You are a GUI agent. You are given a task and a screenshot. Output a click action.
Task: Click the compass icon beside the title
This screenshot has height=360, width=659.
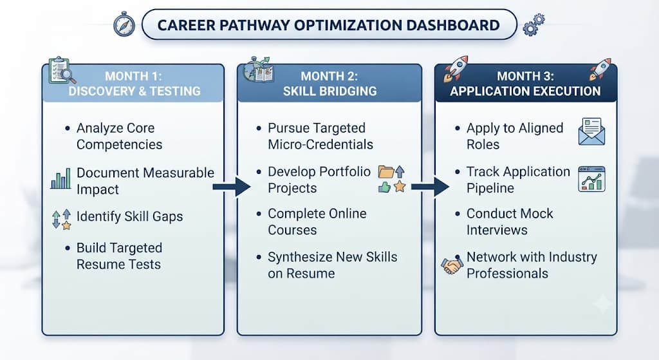click(124, 24)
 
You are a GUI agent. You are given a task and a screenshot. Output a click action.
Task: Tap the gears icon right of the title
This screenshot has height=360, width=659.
click(534, 24)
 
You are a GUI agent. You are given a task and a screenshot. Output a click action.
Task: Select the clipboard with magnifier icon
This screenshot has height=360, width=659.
click(62, 70)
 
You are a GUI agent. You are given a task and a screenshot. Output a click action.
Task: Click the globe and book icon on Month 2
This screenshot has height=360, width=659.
click(259, 70)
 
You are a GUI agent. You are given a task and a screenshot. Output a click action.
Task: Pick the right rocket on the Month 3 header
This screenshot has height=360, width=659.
click(600, 70)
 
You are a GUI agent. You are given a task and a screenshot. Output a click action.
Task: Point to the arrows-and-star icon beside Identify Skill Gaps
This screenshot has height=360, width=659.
click(61, 219)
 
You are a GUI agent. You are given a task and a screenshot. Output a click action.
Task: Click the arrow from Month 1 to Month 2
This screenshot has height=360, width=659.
click(232, 187)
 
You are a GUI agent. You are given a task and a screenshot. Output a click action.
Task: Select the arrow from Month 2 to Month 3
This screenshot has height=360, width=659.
click(430, 187)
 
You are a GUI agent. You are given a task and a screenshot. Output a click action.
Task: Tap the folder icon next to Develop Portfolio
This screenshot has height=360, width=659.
click(386, 171)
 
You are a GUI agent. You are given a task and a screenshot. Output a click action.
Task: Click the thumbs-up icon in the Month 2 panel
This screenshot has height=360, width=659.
click(385, 187)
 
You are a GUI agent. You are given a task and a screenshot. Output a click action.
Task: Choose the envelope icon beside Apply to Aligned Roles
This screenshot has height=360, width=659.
click(591, 131)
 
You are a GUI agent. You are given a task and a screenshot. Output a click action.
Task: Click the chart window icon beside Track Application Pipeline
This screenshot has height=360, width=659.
click(591, 179)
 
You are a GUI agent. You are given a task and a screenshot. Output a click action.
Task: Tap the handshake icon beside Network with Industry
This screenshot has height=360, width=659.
click(452, 265)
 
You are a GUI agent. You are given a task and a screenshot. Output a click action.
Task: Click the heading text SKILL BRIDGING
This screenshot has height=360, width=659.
click(330, 91)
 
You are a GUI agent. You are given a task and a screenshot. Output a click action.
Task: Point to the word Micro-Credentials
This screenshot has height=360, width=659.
click(320, 145)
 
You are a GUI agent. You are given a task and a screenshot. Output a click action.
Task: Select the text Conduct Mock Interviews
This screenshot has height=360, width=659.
click(510, 222)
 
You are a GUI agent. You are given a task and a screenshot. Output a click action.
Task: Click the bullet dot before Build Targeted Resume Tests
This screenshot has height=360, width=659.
click(67, 248)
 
